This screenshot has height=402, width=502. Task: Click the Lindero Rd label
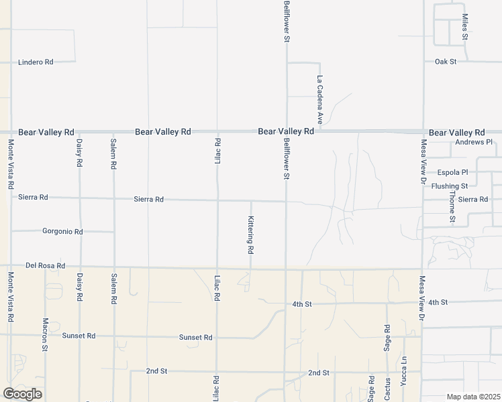[36, 62]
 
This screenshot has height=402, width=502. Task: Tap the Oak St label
[445, 62]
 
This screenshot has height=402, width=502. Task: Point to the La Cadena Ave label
[321, 100]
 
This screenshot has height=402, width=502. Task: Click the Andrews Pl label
[474, 143]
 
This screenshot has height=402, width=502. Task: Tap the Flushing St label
[450, 186]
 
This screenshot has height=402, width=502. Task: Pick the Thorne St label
[452, 207]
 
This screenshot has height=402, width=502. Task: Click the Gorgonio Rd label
[62, 231]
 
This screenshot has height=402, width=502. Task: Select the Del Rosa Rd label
[45, 266]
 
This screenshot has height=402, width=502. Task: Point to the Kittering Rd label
[250, 234]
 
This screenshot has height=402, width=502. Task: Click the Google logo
[22, 394]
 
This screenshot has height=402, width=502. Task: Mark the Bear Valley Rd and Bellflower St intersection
[287, 132]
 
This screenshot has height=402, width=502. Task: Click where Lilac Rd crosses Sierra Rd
[217, 200]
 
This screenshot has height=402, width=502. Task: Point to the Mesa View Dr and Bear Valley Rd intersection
[423, 133]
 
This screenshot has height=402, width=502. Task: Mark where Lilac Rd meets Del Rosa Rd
[217, 268]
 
